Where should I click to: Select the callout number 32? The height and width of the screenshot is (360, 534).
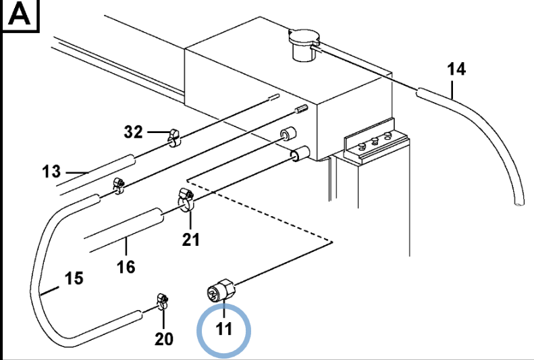pyautogui.click(x=134, y=132)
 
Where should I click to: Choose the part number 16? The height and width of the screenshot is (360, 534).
pyautogui.click(x=126, y=266)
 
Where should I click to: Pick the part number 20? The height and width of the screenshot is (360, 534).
pyautogui.click(x=165, y=338)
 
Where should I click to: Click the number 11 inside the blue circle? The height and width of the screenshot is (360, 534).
pyautogui.click(x=223, y=329)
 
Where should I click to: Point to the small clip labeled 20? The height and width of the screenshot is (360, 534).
pyautogui.click(x=162, y=301)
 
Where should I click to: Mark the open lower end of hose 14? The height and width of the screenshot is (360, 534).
pyautogui.click(x=517, y=201)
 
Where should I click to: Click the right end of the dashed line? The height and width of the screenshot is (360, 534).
pyautogui.click(x=333, y=241)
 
